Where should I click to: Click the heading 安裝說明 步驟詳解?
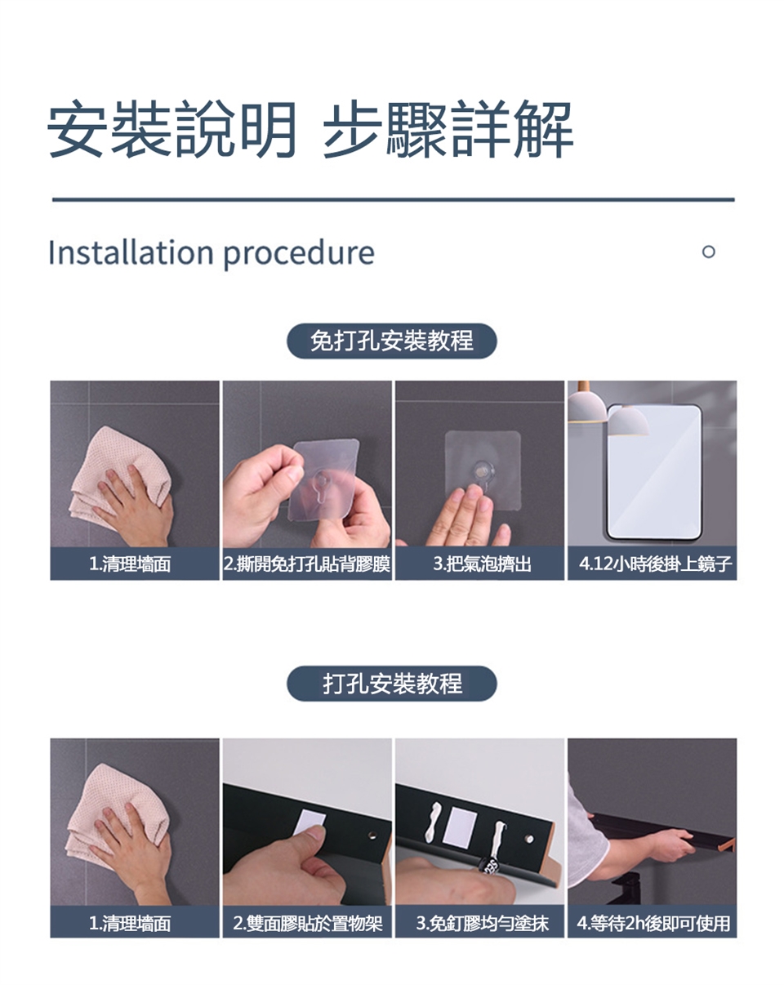(310, 130)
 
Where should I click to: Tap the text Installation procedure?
(212, 253)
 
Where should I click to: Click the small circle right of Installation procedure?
(708, 252)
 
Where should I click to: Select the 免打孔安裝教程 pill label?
(392, 341)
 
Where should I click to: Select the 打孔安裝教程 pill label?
(392, 684)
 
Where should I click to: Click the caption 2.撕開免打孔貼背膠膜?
(307, 564)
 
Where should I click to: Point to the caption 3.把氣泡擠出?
(482, 564)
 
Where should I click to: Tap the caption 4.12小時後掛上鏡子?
(655, 564)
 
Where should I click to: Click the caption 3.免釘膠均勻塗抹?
(482, 923)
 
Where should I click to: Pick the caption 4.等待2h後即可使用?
(653, 923)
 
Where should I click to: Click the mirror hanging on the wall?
(654, 472)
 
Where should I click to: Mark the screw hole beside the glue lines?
(529, 839)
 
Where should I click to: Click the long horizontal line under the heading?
(393, 199)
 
